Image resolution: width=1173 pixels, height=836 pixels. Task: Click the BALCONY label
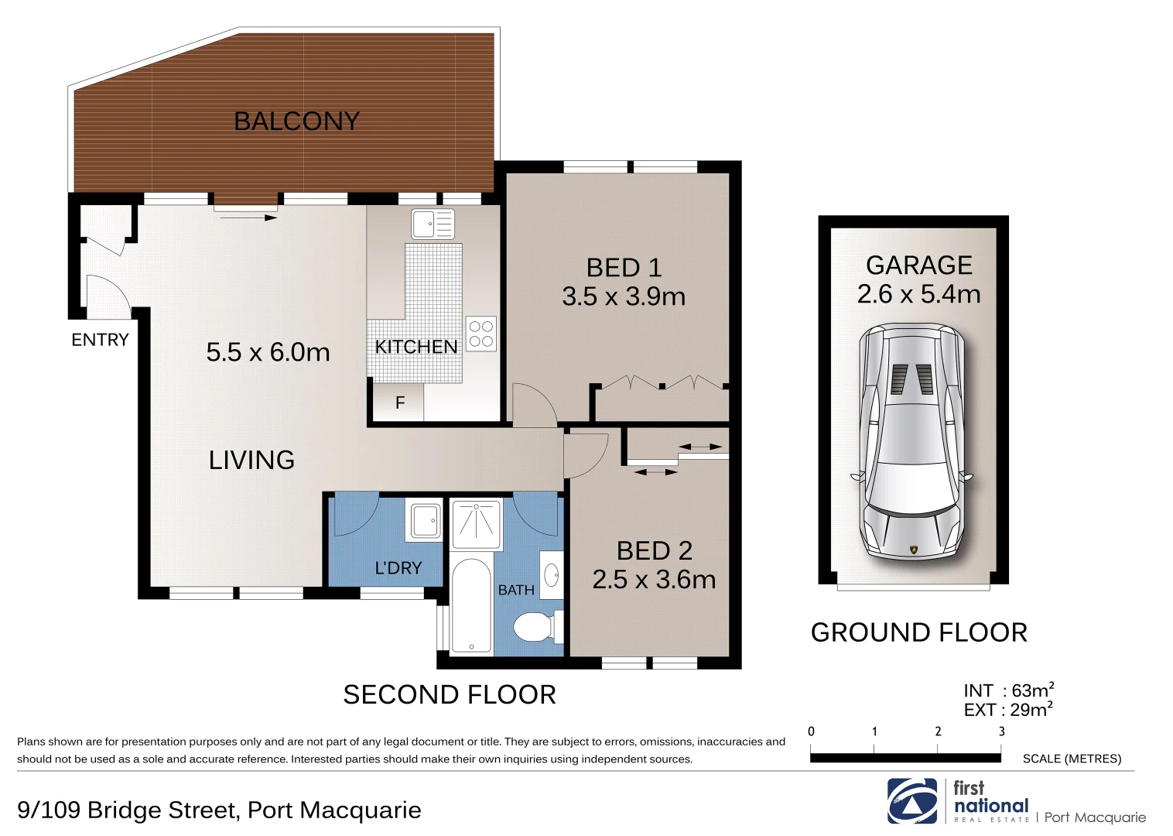click(x=296, y=122)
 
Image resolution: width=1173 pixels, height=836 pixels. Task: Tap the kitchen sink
click(x=433, y=224)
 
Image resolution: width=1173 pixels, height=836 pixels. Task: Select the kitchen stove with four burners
click(x=480, y=334)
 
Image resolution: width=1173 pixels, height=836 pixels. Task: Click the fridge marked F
click(x=399, y=403)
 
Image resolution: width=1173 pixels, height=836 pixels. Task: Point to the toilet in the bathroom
click(x=535, y=627)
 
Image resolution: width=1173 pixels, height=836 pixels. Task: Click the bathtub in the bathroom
click(x=470, y=606)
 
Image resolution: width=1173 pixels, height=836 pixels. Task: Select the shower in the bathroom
click(x=476, y=523)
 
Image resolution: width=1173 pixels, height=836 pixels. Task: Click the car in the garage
click(x=913, y=441)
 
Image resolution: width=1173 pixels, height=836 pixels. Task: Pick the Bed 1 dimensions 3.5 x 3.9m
click(x=624, y=296)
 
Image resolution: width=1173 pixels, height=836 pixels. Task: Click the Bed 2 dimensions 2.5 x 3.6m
click(x=654, y=580)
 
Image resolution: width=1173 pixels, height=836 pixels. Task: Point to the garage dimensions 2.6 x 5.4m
click(x=918, y=294)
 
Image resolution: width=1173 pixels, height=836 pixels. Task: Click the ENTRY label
click(x=100, y=340)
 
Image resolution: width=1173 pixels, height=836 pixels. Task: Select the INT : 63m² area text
click(x=1008, y=690)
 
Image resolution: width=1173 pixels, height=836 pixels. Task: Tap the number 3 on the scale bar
click(x=1001, y=731)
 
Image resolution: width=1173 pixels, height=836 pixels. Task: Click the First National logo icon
click(x=912, y=801)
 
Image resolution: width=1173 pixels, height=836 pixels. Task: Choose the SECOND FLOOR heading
click(x=450, y=694)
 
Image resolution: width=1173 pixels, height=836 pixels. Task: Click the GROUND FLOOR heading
click(x=918, y=632)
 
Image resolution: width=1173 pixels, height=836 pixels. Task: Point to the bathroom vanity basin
click(x=552, y=575)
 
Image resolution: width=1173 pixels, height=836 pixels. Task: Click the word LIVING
click(x=251, y=461)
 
